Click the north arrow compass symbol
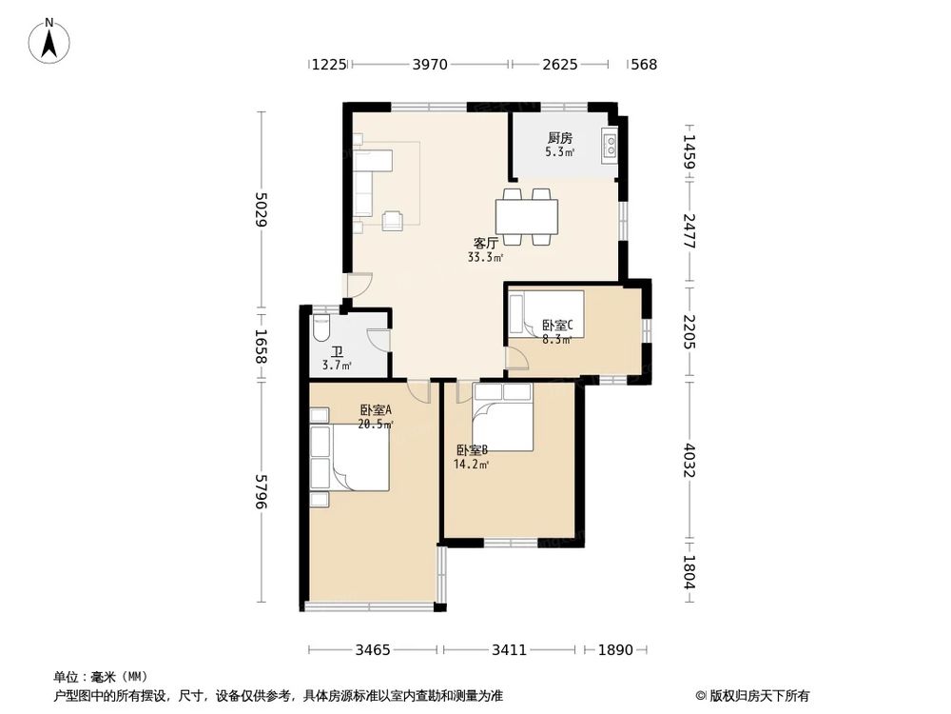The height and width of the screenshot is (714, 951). (x=49, y=41)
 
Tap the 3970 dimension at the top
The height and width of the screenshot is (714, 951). (x=430, y=65)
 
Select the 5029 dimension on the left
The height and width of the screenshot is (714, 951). (x=262, y=208)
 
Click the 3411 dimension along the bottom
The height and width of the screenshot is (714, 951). (x=509, y=650)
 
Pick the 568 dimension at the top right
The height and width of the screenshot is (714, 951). (x=644, y=65)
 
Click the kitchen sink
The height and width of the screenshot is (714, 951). (x=611, y=145)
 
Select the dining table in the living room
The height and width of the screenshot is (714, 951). (x=527, y=217)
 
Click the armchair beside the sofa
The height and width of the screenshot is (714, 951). (x=393, y=221)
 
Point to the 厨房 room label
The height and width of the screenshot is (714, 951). (x=560, y=138)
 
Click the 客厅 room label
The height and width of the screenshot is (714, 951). (x=486, y=244)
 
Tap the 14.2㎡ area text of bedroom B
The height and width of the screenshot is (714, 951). (x=472, y=465)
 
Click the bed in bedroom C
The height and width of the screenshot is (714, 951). (x=547, y=313)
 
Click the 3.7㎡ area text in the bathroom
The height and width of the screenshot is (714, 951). (x=337, y=366)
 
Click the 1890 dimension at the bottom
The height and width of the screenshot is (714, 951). (x=615, y=650)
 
